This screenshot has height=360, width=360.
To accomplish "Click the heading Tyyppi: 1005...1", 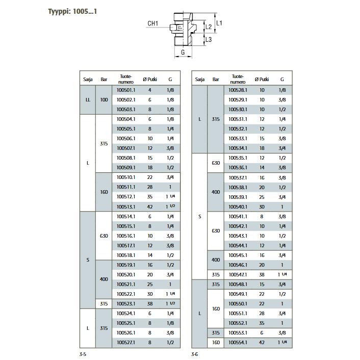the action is pos(72,12).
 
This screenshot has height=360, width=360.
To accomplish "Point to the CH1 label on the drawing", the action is pos(152,23).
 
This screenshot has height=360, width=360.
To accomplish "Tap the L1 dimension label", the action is pos(219,23).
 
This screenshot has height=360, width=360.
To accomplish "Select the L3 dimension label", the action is pos(209,39).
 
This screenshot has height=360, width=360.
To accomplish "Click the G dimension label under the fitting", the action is pos(183,53).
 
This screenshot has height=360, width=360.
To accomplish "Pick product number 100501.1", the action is pos(126,90).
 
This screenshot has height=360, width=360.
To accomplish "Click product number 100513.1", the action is pos(126,207).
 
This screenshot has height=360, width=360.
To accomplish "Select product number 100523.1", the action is pos(126,304).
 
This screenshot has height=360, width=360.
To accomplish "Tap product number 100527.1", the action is pos(126,343).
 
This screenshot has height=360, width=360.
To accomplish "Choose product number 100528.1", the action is pos(238,90).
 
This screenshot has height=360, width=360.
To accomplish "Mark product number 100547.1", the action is pos(238,275).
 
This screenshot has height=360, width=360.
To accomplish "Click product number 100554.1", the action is pos(238,343).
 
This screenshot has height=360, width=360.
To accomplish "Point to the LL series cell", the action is pos(88,100).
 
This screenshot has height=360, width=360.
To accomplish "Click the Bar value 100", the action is pos(104,100).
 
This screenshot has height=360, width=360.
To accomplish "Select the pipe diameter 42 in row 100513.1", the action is pos(150,207).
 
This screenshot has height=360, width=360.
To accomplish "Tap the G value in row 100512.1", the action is pos(170,197).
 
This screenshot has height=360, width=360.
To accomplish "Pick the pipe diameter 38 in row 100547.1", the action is pos(262,275).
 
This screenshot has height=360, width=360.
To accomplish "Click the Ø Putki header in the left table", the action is pos(150,80).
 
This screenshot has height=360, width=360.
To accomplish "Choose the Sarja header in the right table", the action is pos(200,80).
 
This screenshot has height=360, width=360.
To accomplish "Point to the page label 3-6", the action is pos(194,354).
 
